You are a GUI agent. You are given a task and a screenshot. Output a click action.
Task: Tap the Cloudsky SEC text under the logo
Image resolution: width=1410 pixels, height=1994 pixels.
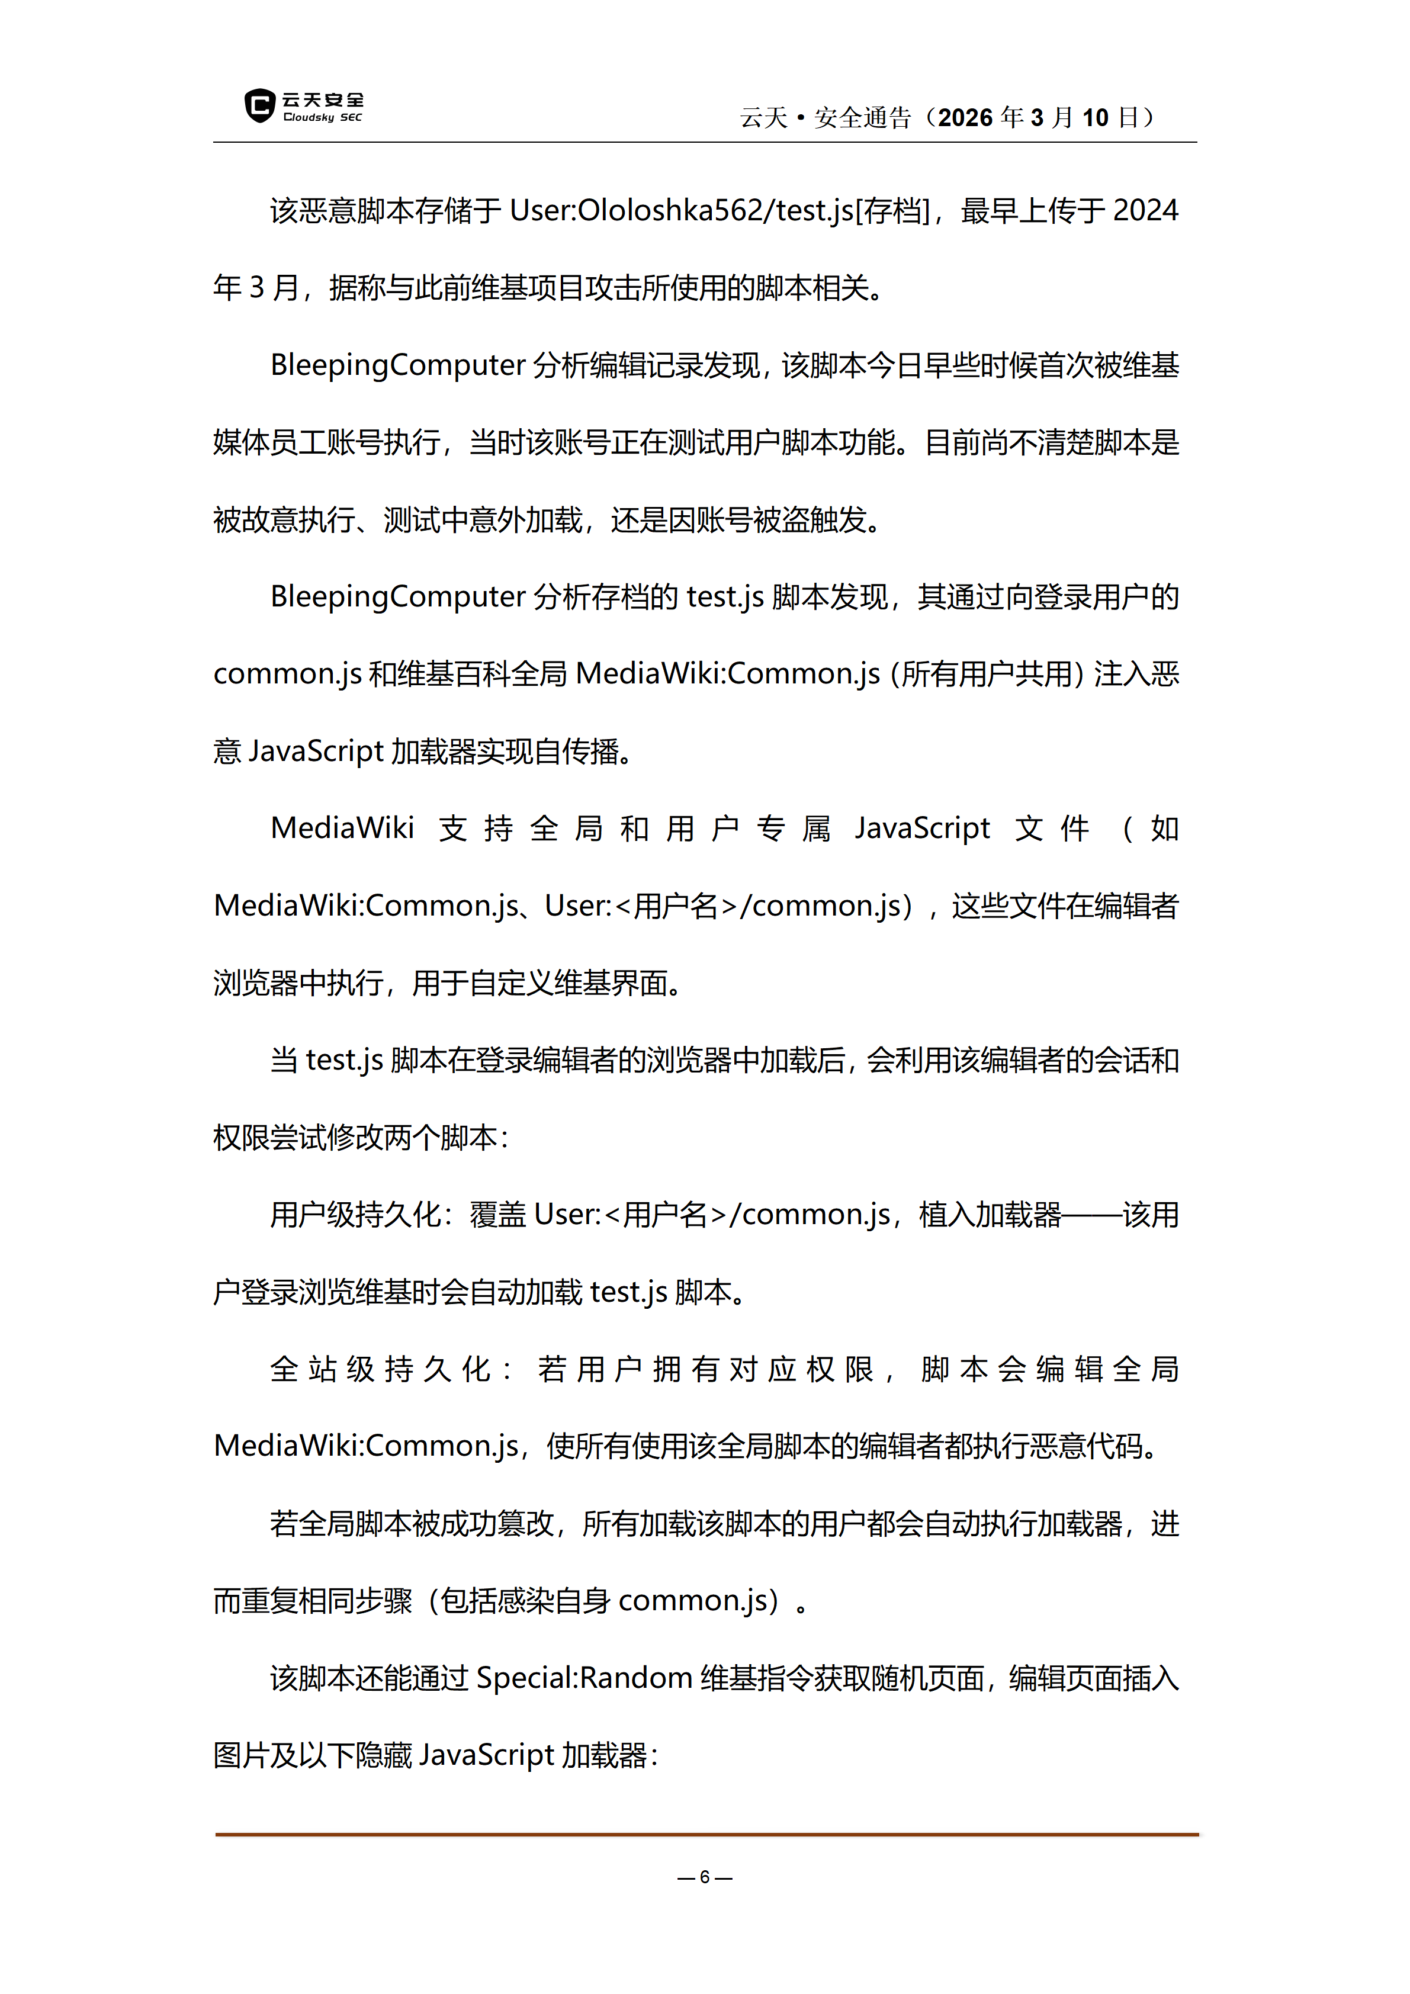pyautogui.click(x=322, y=117)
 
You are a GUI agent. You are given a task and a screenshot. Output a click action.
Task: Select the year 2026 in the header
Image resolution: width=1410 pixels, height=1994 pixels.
pyautogui.click(x=965, y=117)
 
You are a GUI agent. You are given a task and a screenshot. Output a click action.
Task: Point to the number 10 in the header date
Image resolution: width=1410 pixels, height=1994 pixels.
pyautogui.click(x=1095, y=117)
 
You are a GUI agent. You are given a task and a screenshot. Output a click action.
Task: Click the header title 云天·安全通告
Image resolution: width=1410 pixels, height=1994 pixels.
pyautogui.click(x=825, y=117)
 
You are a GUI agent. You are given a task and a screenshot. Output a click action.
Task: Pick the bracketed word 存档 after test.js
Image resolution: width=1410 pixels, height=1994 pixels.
pyautogui.click(x=892, y=211)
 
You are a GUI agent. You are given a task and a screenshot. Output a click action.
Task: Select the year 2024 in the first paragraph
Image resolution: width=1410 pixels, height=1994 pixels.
pyautogui.click(x=1145, y=211)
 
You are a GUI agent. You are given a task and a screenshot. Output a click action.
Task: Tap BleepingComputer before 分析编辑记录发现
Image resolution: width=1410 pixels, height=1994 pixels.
pyautogui.click(x=397, y=365)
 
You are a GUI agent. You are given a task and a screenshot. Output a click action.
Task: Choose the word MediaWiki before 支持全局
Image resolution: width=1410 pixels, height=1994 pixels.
pyautogui.click(x=342, y=829)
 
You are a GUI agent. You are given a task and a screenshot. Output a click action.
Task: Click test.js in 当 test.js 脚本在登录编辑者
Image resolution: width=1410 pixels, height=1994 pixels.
pyautogui.click(x=344, y=1061)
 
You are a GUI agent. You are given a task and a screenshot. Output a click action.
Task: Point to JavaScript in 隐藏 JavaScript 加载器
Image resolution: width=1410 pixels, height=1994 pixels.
pyautogui.click(x=486, y=1756)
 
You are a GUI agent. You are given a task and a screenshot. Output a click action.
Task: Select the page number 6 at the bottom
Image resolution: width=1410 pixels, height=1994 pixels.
pyautogui.click(x=705, y=1877)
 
